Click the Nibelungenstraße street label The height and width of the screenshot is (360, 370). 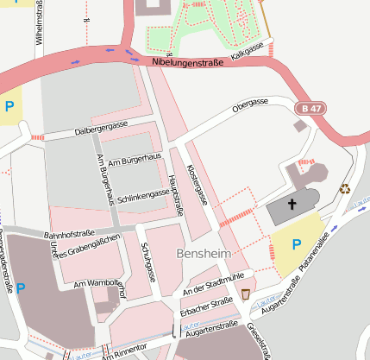pos(187,62)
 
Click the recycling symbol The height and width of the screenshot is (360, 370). pos(345,188)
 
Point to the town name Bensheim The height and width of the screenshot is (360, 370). pos(204,255)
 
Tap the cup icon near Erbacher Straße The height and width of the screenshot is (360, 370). pos(246,294)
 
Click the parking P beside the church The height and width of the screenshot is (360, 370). pos(296,244)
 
